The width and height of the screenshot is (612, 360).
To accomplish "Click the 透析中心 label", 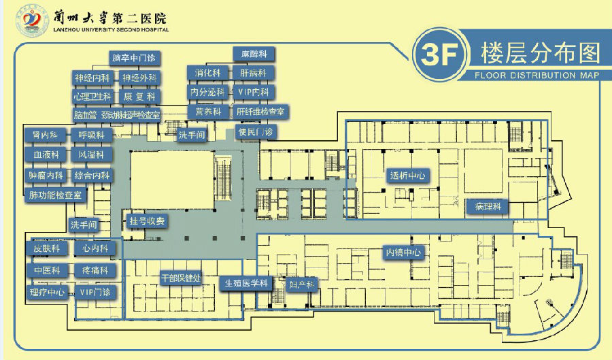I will coord(407,175).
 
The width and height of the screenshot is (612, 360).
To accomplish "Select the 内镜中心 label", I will coord(404,252).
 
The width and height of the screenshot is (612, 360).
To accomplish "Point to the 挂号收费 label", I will coord(147,221).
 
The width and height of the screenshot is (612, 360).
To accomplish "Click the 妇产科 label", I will coord(301,284).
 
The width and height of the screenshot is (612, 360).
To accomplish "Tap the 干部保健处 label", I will coord(180,278).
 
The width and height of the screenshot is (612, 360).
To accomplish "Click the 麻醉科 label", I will coord(253,53).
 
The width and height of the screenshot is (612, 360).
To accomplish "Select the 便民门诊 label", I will coord(255,131).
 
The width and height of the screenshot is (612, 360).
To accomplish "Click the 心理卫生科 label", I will coord(92,97).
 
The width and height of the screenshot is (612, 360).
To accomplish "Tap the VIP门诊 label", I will coord(95,293).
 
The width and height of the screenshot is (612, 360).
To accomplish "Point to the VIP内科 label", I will coord(253,91).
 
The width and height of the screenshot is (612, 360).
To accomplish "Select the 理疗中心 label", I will coord(47,293).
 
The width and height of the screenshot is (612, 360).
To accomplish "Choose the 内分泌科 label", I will coord(207,91).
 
